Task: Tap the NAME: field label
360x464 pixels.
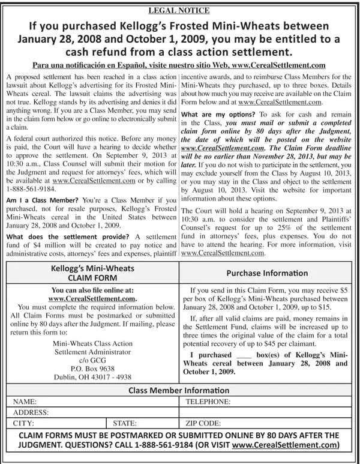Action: [25, 402]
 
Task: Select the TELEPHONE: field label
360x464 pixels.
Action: [208, 402]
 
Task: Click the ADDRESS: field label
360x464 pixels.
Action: [31, 412]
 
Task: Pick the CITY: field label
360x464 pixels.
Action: [23, 423]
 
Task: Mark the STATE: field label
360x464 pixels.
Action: [125, 423]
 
